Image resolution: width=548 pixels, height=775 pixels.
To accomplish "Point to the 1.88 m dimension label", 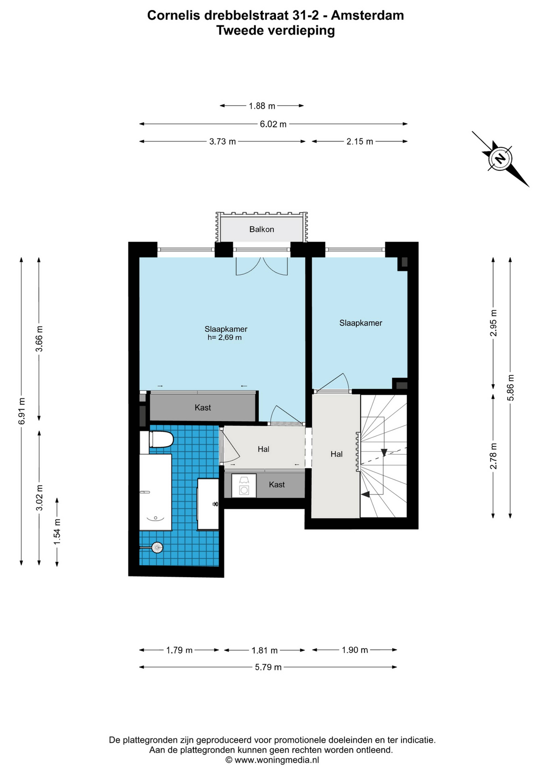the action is point(262,106).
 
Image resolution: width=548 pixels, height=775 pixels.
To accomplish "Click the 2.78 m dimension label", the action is point(493,456).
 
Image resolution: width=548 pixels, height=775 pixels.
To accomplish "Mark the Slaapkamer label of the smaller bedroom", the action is point(361,323).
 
